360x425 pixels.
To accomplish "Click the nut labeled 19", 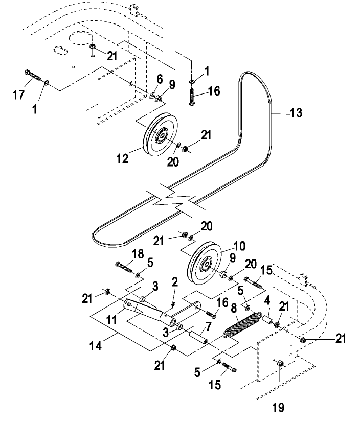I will tap(280, 363).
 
